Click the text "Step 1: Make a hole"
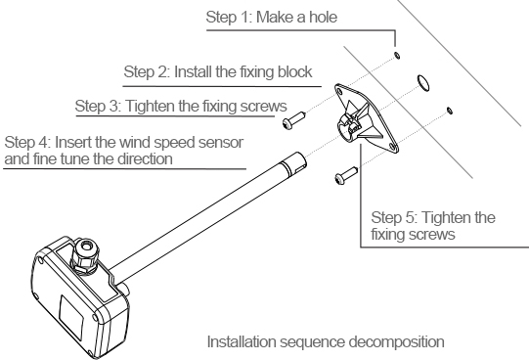(x=272, y=17)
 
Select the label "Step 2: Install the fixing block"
(x=218, y=71)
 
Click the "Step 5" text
(x=394, y=217)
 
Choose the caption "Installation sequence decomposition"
(x=326, y=341)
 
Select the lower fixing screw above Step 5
(x=346, y=175)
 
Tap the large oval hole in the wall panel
(x=423, y=83)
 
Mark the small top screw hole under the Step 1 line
(x=397, y=55)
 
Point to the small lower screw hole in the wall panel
(x=450, y=111)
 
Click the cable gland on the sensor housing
(x=84, y=254)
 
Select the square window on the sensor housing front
(x=71, y=317)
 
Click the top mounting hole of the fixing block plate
(x=338, y=90)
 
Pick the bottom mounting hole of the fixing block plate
(x=392, y=146)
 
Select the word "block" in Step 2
(x=295, y=71)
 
